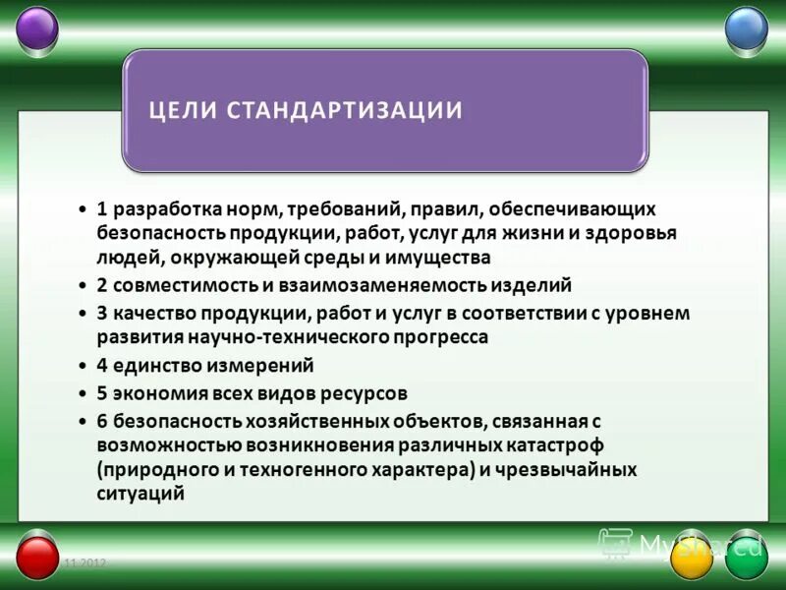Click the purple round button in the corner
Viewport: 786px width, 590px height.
coord(38,28)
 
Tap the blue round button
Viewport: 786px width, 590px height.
coord(746,28)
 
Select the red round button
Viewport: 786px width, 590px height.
coord(38,558)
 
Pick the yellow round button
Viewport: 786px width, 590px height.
coord(691,558)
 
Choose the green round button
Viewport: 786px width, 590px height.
coord(746,558)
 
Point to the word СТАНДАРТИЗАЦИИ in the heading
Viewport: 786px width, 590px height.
coord(344,109)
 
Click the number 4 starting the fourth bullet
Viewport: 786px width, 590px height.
coord(102,365)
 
